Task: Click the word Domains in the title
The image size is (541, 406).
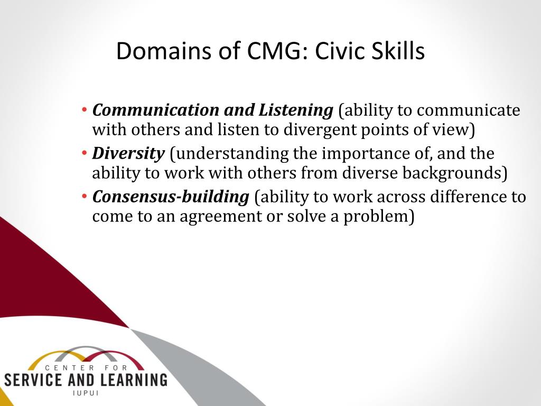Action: tap(164, 51)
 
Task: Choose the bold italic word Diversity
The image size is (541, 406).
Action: tap(128, 154)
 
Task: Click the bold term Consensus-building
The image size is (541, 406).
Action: tap(171, 197)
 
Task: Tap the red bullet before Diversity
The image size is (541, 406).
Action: tap(85, 153)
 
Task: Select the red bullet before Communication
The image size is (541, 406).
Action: tap(85, 110)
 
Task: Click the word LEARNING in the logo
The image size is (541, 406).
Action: tap(133, 380)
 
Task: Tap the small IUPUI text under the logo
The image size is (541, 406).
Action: tap(86, 393)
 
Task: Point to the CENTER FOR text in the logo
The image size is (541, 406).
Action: tap(86, 368)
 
